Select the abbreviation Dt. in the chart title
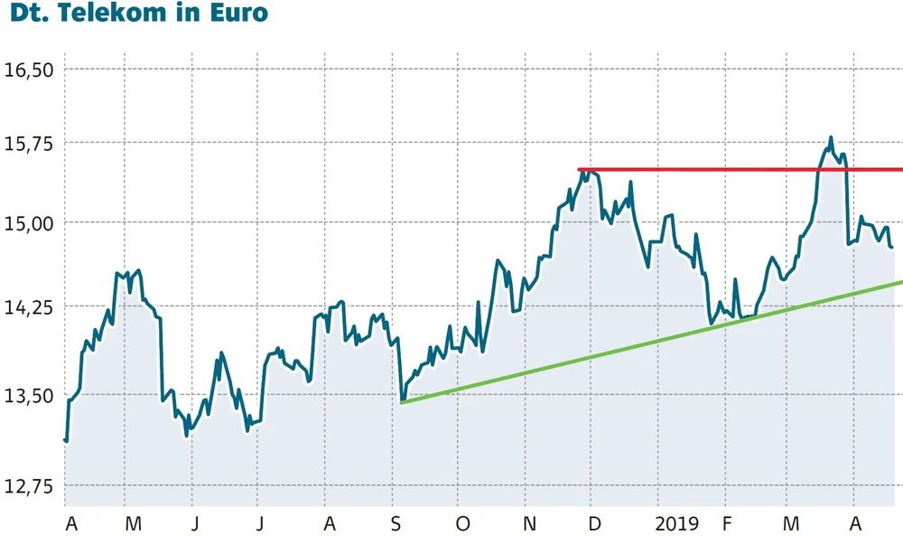click(30, 14)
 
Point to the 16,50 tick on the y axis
click(31, 70)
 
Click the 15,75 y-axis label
click(31, 143)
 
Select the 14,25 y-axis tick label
click(31, 307)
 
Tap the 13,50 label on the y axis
click(31, 395)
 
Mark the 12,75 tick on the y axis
click(31, 486)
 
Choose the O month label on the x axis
click(463, 523)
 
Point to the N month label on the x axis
click(530, 523)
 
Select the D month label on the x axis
click(594, 523)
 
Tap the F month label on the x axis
click(725, 523)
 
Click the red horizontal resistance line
click(722, 169)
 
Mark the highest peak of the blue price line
click(830, 138)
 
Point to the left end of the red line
click(579, 169)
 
